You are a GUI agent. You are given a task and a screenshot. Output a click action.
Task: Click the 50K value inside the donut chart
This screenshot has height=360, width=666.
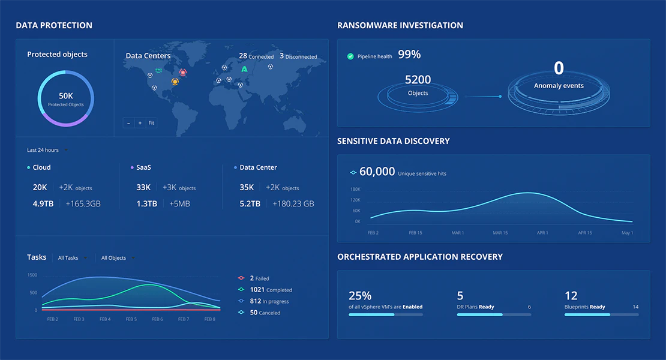pyautogui.click(x=65, y=95)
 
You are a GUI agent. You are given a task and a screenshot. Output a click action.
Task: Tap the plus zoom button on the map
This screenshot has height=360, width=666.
pyautogui.click(x=140, y=123)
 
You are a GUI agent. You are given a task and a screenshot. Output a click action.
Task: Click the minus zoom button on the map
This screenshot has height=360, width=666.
pyautogui.click(x=128, y=123)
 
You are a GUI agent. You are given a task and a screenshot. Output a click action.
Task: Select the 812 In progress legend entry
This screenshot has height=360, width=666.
pyautogui.click(x=265, y=301)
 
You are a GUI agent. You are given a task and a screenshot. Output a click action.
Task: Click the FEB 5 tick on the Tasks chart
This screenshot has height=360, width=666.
pyautogui.click(x=131, y=319)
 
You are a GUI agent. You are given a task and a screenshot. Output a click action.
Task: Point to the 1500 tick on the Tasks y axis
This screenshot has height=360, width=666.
pyautogui.click(x=32, y=275)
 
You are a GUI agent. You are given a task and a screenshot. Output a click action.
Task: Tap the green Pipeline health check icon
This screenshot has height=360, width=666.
pyautogui.click(x=350, y=56)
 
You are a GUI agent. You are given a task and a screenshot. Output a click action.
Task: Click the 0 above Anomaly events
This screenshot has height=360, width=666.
pyautogui.click(x=559, y=68)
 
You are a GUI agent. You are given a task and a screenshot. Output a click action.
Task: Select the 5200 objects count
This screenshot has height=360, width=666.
pyautogui.click(x=418, y=80)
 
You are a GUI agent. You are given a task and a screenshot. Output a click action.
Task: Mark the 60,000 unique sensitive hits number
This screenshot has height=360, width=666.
pyautogui.click(x=377, y=172)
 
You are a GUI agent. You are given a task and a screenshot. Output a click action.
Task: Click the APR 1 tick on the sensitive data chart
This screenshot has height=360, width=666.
pyautogui.click(x=542, y=233)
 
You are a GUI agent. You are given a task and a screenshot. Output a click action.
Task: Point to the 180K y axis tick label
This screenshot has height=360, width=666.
pyautogui.click(x=356, y=189)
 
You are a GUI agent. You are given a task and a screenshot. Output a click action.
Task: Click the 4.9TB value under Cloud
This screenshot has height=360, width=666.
pyautogui.click(x=43, y=204)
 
